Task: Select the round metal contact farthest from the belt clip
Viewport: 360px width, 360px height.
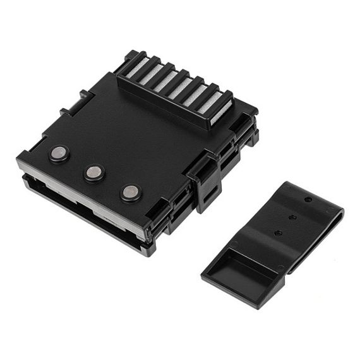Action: pos(59,152)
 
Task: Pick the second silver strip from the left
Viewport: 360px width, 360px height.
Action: pos(150,75)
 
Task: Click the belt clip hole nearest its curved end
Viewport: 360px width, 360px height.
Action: pos(308,200)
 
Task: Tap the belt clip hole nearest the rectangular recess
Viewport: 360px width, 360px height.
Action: pos(278,233)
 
